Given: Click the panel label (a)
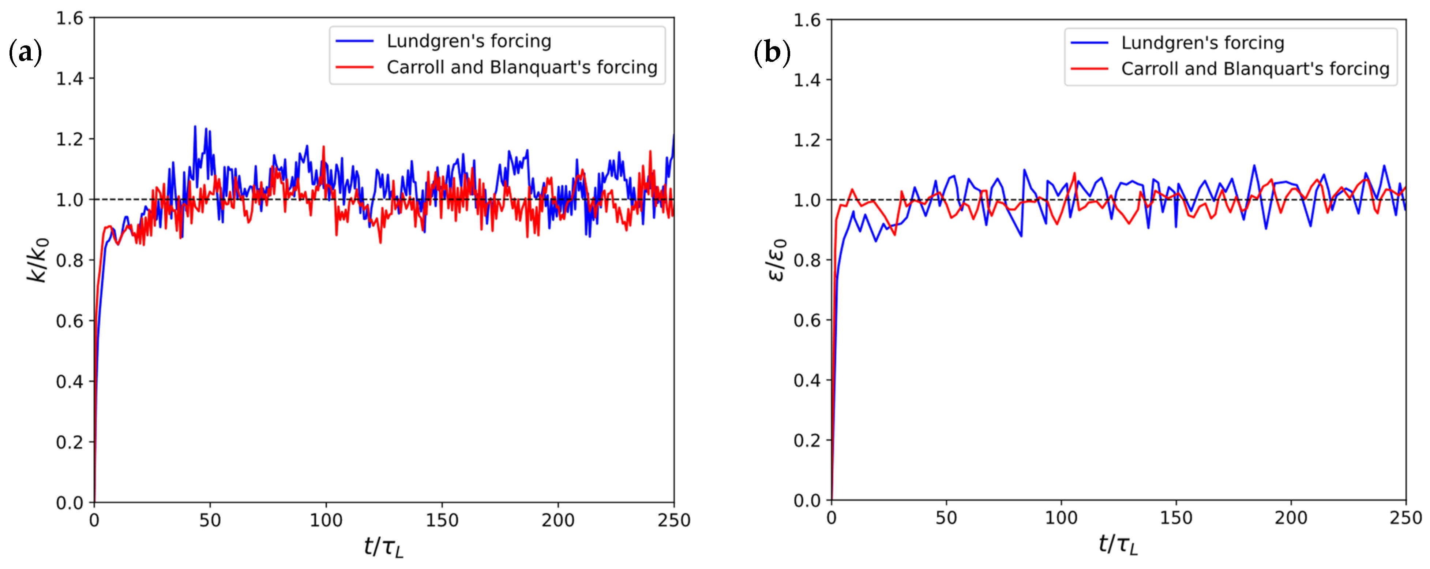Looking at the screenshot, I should point(26,53).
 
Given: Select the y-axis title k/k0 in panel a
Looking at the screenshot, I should point(38,260).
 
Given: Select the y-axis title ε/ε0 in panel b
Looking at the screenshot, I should point(778,260).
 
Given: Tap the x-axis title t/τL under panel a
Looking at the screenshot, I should point(383,547).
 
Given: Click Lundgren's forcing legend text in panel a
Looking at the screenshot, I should point(469,41).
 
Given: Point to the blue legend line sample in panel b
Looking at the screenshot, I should point(1089,43).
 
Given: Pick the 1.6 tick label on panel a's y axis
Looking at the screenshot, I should point(70,18).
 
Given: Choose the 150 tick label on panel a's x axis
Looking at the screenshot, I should point(442,521).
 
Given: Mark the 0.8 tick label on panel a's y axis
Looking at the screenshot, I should point(70,261).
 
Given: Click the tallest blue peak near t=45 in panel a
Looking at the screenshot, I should point(195,127).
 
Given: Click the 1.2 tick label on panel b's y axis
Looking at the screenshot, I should point(807,140).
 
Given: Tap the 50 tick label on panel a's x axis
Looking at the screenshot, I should point(210,521).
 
